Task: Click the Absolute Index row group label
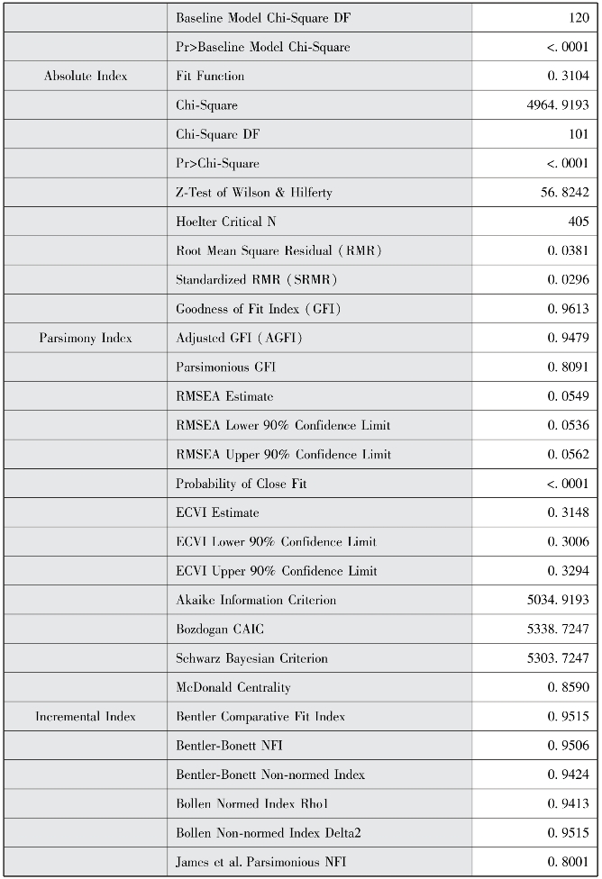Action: click(86, 77)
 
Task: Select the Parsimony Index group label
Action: click(86, 338)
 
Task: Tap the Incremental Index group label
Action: click(86, 717)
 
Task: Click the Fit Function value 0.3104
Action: click(567, 77)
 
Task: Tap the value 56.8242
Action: click(564, 193)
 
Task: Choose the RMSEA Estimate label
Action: click(224, 396)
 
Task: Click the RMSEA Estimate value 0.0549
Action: click(567, 396)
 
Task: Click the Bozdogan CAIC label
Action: click(221, 630)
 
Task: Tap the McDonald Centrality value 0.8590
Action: click(567, 687)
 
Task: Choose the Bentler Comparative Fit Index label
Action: click(260, 717)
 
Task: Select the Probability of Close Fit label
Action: click(242, 484)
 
